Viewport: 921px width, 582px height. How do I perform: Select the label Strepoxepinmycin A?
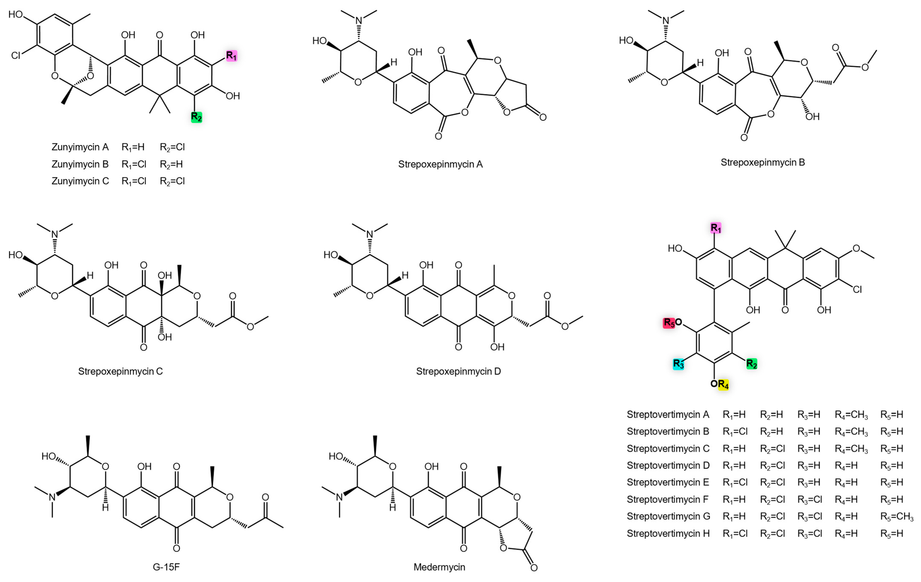(440, 164)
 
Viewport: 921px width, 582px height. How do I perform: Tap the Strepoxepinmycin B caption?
(763, 162)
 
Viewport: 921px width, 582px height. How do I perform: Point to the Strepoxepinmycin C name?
(121, 371)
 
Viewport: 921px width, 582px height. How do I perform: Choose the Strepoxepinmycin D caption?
(458, 371)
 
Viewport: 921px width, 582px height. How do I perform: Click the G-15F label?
(166, 567)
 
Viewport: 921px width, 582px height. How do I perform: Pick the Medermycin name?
(439, 567)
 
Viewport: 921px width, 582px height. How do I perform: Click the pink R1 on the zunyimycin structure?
(231, 56)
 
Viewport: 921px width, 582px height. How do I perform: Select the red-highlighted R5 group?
(669, 323)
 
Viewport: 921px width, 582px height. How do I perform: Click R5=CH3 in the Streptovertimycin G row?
(897, 517)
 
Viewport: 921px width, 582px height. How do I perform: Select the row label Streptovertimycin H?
(668, 533)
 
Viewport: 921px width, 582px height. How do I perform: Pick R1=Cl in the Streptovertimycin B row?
(735, 431)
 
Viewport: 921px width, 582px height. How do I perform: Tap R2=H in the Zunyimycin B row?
(171, 164)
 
